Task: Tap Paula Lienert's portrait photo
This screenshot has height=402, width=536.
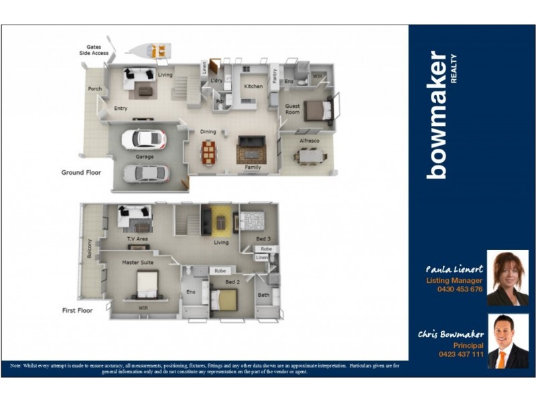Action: point(507,278)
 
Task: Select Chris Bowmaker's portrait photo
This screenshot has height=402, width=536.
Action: point(507,341)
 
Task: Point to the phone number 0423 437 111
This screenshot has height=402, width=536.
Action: point(460,354)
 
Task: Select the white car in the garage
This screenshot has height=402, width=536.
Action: point(143,139)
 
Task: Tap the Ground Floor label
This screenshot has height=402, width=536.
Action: point(81,172)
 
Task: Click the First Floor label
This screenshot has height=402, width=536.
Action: point(77,310)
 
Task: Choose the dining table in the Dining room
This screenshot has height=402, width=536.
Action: point(209,153)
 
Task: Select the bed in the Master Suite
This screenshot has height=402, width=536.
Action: point(146,285)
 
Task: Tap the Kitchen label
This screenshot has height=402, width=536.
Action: point(253,86)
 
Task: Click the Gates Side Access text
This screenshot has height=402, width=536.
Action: point(94,50)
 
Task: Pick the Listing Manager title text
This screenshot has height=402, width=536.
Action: point(454,280)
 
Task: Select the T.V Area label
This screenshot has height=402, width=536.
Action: point(137,239)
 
